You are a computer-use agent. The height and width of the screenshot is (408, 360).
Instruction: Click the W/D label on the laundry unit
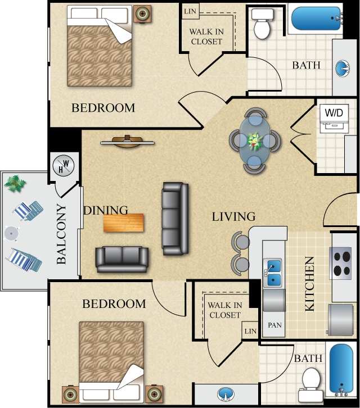333,112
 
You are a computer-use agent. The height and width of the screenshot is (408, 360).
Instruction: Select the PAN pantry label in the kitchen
274,325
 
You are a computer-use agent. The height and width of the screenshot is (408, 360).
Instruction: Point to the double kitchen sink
272,272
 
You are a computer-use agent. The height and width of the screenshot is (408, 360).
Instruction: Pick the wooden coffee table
123,223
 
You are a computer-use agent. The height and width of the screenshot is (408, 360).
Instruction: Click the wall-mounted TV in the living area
127,141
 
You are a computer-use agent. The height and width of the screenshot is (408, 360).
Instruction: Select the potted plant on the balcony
16,183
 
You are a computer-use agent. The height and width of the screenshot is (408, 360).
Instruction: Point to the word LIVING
233,216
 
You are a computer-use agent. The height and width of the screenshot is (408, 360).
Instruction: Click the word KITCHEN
309,284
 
